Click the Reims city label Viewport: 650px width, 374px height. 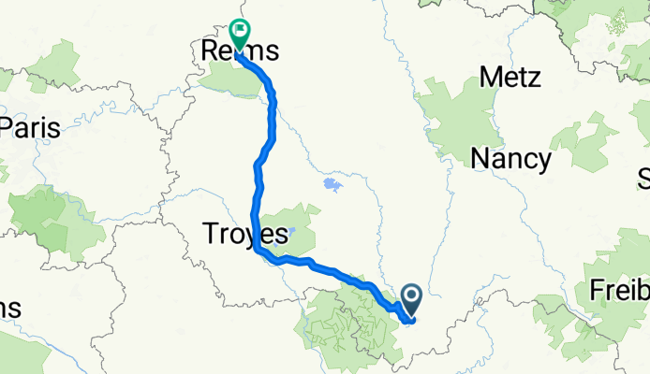pyautogui.click(x=242, y=50)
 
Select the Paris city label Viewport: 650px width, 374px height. pyautogui.click(x=30, y=127)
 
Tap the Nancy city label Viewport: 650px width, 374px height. pyautogui.click(x=510, y=158)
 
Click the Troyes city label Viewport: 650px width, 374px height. pyautogui.click(x=244, y=234)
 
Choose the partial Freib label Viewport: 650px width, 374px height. pyautogui.click(x=619, y=291)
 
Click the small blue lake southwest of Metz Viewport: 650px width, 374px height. pyautogui.click(x=331, y=183)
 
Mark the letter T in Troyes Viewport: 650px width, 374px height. pyautogui.click(x=209, y=234)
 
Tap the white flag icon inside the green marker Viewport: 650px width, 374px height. pyautogui.click(x=239, y=30)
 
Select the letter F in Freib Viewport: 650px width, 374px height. pyautogui.click(x=598, y=291)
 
